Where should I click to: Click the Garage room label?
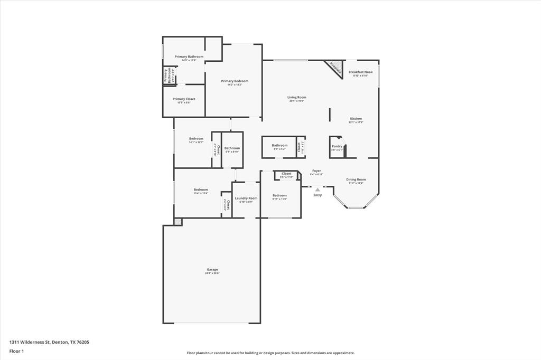click(212, 270)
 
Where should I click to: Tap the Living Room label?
click(297, 98)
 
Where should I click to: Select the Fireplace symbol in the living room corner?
click(334, 68)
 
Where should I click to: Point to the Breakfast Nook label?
click(360, 72)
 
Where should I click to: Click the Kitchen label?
click(356, 119)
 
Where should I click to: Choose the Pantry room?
click(337, 147)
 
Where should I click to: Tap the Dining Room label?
click(356, 180)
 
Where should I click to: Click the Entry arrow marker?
click(318, 190)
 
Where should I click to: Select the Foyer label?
click(316, 171)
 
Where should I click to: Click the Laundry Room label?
click(246, 198)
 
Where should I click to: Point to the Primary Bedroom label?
click(234, 81)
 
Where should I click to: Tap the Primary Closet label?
click(184, 99)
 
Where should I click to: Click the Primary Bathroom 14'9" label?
click(189, 57)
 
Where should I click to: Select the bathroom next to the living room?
click(279, 146)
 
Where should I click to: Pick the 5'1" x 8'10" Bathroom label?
click(232, 149)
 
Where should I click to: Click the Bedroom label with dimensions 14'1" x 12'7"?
click(196, 139)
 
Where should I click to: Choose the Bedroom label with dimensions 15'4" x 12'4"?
click(201, 190)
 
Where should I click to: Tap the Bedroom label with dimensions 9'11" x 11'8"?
click(279, 196)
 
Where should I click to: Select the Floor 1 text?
click(16, 351)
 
